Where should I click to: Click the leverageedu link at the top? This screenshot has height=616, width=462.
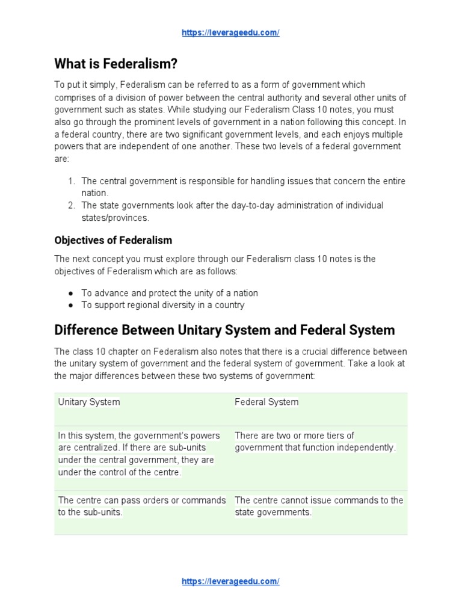pos(230,33)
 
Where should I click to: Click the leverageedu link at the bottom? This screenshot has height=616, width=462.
pos(230,581)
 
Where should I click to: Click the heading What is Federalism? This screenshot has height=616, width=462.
pos(116,63)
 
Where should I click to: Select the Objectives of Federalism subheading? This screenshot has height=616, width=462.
pos(113,240)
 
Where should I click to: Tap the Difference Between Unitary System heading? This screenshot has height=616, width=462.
pos(224,330)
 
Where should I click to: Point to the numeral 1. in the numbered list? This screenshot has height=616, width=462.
pos(71,181)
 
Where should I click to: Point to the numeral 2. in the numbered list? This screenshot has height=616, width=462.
pos(71,206)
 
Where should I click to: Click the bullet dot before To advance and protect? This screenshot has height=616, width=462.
pos(71,294)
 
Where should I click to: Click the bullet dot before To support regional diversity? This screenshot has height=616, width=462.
pos(71,305)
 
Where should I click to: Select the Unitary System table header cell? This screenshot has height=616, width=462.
pos(89,402)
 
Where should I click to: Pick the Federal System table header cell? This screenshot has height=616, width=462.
pos(266,402)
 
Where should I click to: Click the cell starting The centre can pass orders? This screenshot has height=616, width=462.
pos(142,507)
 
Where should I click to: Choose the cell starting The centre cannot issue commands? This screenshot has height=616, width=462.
pos(319,507)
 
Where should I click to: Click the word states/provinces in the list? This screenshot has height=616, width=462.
pos(115,218)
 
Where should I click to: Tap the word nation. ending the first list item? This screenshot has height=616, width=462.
pos(94,193)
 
